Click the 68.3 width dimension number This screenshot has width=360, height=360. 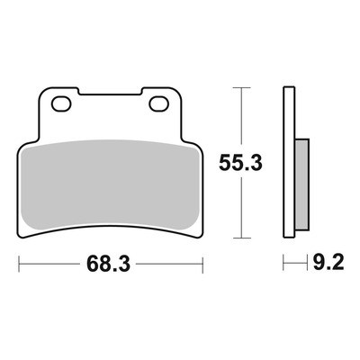pos(109,264)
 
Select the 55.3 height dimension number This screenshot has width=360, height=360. pos(240,163)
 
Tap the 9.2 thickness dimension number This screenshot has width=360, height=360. pos(328,263)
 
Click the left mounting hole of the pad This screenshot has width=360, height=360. pos(61,104)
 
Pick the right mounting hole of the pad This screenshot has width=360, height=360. pos(159,104)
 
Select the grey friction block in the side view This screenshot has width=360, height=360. pos(301,184)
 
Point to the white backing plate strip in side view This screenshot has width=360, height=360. pos(289,163)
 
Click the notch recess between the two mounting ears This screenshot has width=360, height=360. pos(110,92)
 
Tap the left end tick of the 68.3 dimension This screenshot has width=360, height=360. pos(19,265)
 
